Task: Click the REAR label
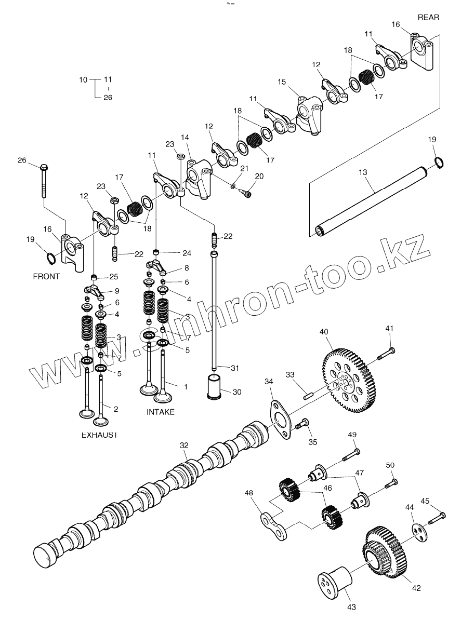click(428, 17)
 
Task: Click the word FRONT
click(46, 276)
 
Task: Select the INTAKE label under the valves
click(160, 412)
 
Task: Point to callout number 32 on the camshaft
click(183, 446)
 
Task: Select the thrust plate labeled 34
click(282, 419)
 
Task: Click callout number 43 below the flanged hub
click(351, 606)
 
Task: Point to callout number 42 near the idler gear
click(416, 588)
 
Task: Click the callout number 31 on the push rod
click(235, 368)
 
